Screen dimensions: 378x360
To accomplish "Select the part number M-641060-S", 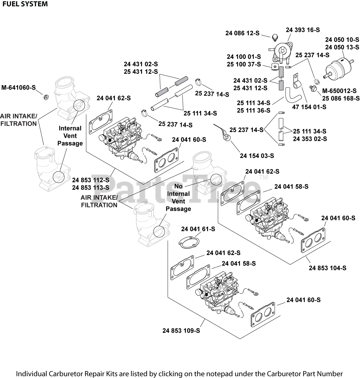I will [x=18, y=88].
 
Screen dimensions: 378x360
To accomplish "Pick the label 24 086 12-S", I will [x=242, y=33].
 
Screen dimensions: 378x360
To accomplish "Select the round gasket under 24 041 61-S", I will [x=187, y=242].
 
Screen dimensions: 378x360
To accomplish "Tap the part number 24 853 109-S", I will [x=181, y=331].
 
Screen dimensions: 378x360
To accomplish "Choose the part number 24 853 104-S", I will [x=327, y=268].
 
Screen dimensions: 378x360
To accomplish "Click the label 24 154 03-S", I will [x=257, y=156].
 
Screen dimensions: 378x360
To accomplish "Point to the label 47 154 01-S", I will [x=309, y=107].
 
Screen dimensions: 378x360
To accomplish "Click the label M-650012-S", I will [x=339, y=91].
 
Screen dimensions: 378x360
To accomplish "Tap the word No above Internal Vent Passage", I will [x=178, y=186].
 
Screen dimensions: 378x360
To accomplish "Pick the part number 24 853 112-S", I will [x=90, y=180].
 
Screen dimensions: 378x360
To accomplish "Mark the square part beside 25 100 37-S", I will [x=274, y=66].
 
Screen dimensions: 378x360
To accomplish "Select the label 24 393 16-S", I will [x=303, y=30].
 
